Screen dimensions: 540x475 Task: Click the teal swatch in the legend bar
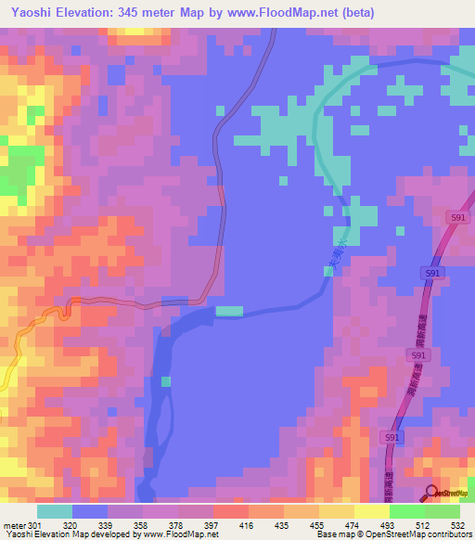54,511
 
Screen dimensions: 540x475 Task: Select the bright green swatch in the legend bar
407,511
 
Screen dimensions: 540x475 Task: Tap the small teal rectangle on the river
229,311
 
